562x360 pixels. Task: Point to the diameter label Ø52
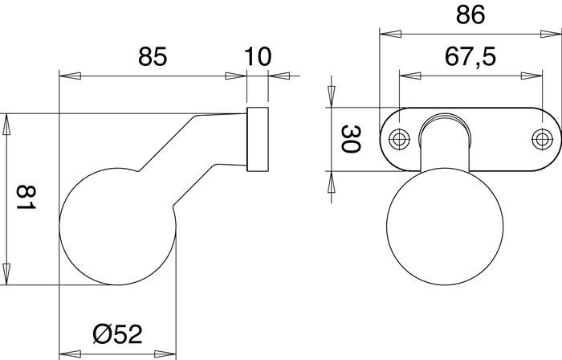(x=119, y=332)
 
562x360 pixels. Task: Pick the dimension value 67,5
(x=470, y=57)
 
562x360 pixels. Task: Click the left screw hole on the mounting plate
(x=398, y=139)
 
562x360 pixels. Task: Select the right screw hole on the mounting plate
(x=543, y=139)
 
